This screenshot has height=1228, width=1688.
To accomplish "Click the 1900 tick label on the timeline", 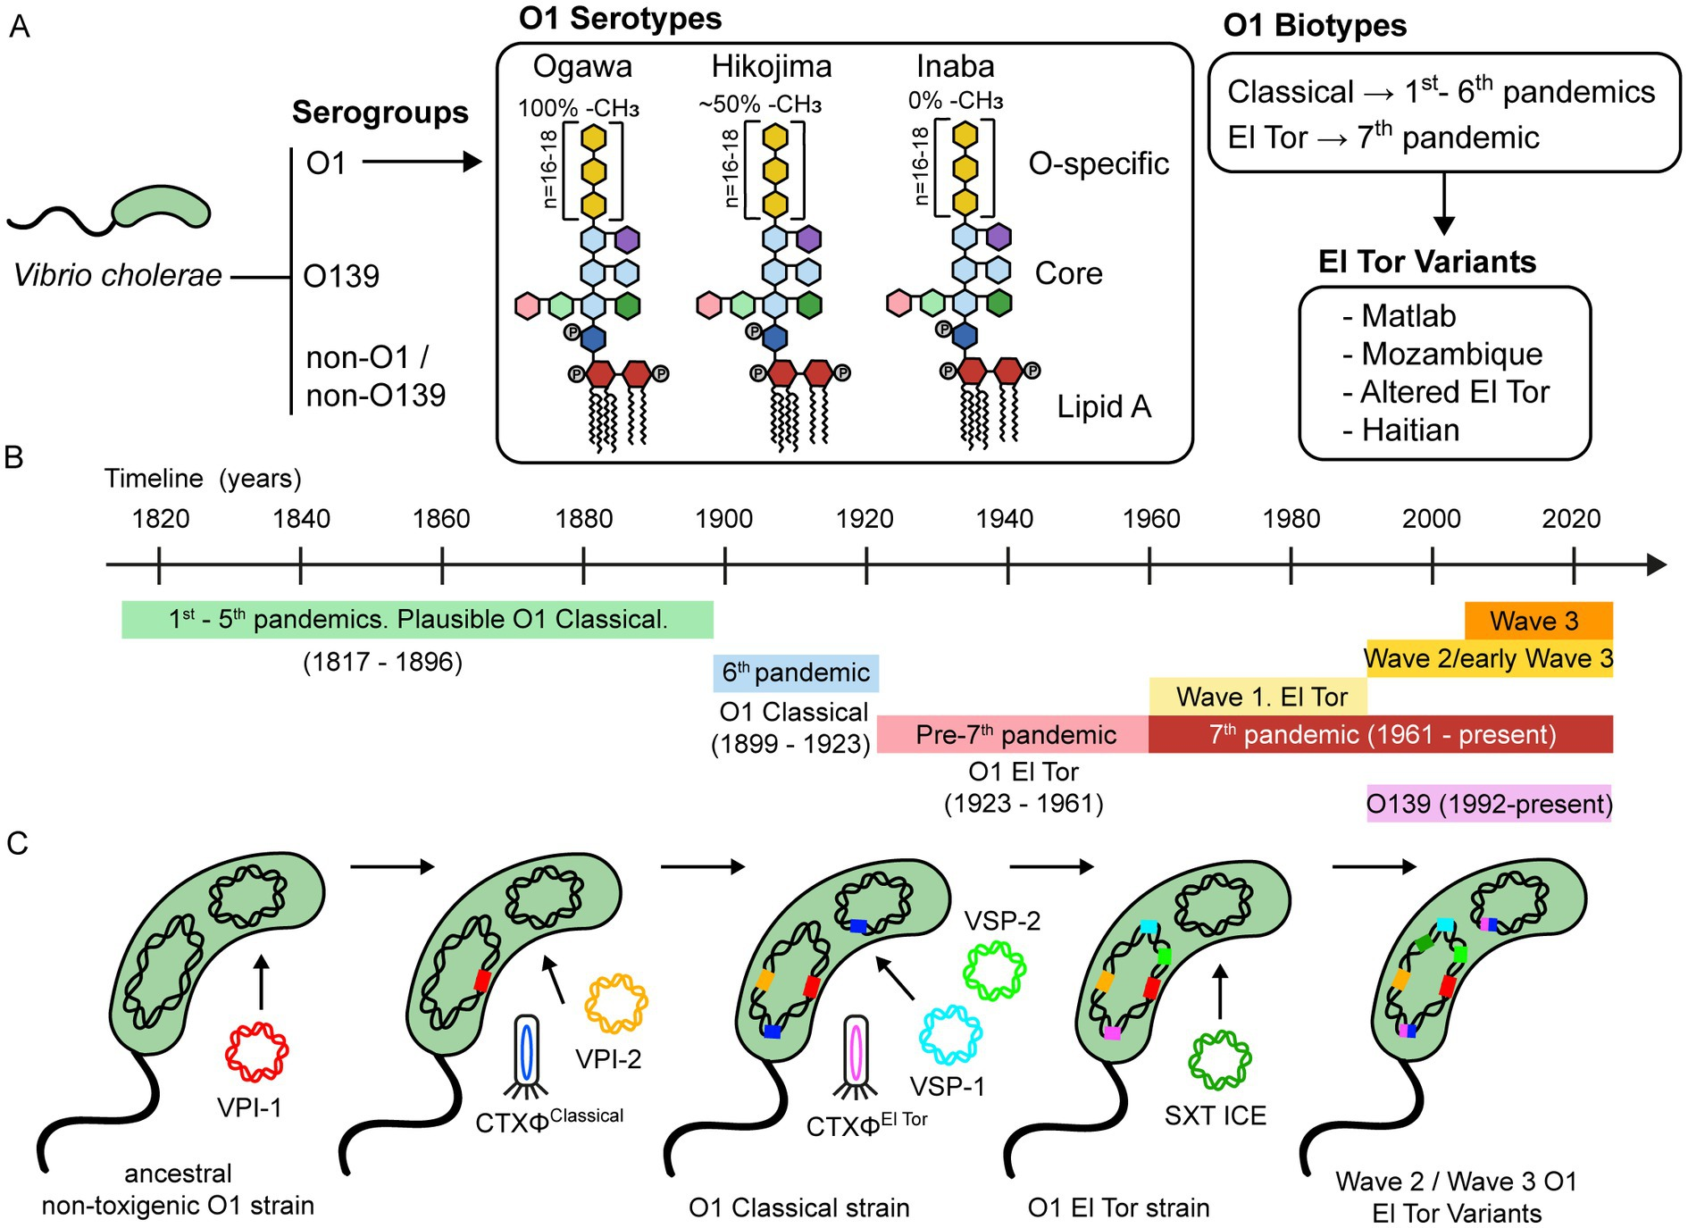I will point(723,519).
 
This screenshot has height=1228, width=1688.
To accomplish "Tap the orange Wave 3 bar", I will point(1538,621).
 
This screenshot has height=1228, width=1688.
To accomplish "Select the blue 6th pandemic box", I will point(796,672).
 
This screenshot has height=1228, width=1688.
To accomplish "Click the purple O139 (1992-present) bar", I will point(1489,804).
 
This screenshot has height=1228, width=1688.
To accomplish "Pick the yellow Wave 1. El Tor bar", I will point(1258,697).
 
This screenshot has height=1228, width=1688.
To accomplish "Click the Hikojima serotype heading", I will point(772,66).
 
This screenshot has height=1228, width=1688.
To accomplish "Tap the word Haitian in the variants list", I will point(1410,430).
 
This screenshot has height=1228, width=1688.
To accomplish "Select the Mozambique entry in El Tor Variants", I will point(1451,354).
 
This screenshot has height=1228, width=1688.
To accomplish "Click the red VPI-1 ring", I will point(256,1052).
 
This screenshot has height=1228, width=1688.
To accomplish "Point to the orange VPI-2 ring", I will point(616,1003).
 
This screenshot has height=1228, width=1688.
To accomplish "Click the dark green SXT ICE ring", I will point(1220,1060).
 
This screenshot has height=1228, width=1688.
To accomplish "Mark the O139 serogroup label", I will point(341,276).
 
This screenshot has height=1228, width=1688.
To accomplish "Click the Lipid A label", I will point(1104,406).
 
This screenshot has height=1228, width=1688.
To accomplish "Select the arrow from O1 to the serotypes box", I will point(422,162).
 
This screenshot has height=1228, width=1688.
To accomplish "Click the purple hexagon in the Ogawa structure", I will point(628,239).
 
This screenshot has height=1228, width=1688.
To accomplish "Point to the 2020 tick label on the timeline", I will point(1571,519).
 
